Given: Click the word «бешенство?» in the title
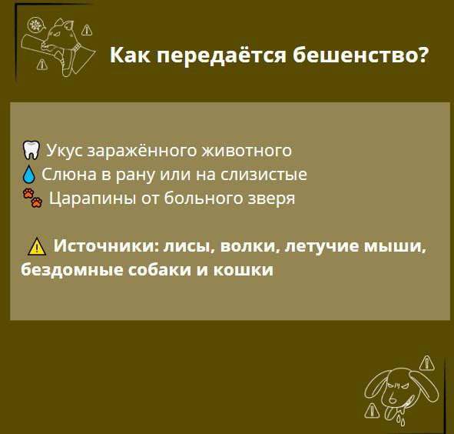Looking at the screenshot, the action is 360,55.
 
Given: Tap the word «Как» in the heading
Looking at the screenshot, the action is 130,55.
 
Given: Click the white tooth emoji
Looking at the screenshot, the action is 31,150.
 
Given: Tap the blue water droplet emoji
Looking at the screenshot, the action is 29,174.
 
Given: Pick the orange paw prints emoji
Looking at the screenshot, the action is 33,198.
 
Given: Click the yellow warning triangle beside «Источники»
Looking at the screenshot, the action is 37,246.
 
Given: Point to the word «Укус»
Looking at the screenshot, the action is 65,151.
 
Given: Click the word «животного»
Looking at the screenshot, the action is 247,151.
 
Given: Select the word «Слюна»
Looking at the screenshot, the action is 69,175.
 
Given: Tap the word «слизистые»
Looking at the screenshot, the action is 263,175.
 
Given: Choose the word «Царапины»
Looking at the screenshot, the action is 92,199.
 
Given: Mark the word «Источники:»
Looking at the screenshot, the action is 107,246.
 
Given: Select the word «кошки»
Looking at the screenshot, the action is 244,270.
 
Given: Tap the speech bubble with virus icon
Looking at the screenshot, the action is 36,25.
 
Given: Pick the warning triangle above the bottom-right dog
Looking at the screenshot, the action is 427,363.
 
